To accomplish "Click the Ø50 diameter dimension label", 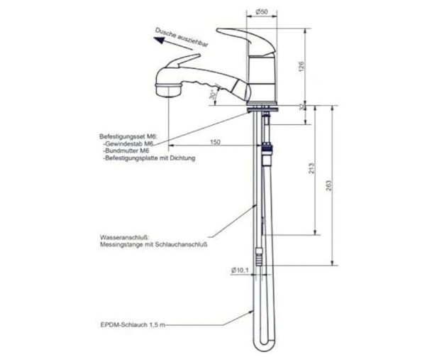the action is [261, 12].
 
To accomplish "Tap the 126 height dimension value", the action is [302, 67].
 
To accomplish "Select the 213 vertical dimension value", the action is [311, 168].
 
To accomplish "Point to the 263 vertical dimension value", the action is [328, 186].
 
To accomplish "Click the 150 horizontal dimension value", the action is [215, 142].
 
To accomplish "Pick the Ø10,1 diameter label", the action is [240, 270].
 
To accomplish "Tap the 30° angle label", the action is [213, 94].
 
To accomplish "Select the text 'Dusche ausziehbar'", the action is [182, 38].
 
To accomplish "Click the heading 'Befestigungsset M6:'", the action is [128, 136].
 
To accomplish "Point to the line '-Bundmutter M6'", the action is [126, 151].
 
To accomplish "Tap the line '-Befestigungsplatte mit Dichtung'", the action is [149, 158].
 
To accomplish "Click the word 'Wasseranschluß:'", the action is [125, 238].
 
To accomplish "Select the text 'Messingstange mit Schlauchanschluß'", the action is [153, 245].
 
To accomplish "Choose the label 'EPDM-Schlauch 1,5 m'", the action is [133, 325].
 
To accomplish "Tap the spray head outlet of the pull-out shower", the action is [167, 90].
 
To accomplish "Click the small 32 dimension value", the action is [302, 107].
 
